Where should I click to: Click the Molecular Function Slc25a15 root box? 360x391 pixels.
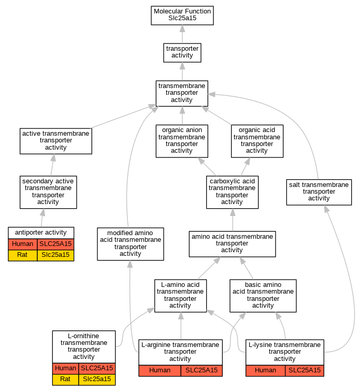(x=182, y=16)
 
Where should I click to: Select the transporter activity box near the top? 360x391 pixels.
(x=182, y=53)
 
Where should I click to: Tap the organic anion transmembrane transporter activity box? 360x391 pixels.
(x=182, y=141)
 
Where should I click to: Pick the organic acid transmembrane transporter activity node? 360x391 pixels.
(x=257, y=141)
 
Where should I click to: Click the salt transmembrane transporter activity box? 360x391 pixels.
(x=319, y=192)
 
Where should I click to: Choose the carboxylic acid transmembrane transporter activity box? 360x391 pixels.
(x=232, y=192)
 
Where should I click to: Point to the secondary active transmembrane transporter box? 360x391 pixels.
(x=48, y=192)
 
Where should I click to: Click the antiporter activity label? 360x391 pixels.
(x=41, y=233)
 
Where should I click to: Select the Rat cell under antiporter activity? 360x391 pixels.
(x=22, y=255)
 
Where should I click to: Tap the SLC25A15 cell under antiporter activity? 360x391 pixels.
(x=55, y=244)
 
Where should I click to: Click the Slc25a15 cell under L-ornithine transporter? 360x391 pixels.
(x=97, y=380)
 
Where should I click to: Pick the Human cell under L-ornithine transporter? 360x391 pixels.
(x=65, y=368)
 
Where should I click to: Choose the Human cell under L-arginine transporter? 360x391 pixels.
(x=160, y=371)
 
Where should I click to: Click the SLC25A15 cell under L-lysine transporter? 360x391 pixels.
(x=305, y=371)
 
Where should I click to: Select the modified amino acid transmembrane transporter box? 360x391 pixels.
(x=131, y=243)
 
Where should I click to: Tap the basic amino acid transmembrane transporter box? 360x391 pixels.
(x=263, y=296)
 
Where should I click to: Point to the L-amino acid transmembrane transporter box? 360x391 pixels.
(x=180, y=296)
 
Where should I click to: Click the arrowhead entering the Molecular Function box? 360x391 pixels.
(x=182, y=28)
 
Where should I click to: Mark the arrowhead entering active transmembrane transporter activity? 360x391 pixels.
(x=53, y=157)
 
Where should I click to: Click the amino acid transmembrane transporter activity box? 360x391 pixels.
(x=232, y=243)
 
